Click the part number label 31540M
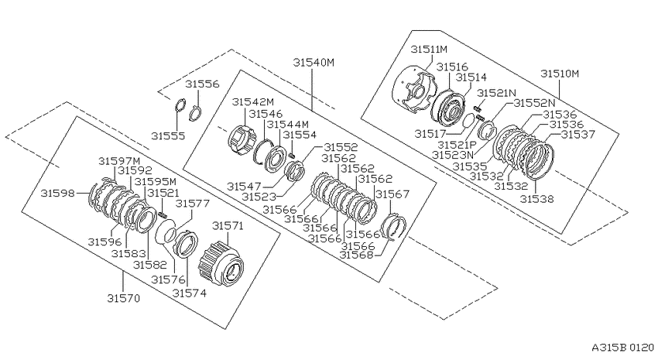pyautogui.click(x=314, y=63)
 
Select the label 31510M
pyautogui.click(x=560, y=74)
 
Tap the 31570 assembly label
pyautogui.click(x=123, y=298)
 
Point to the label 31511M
pyautogui.click(x=429, y=49)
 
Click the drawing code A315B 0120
pyautogui.click(x=622, y=348)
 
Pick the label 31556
pyautogui.click(x=202, y=84)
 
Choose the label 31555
pyautogui.click(x=168, y=136)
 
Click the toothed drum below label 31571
pyautogui.click(x=221, y=263)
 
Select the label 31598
pyautogui.click(x=57, y=193)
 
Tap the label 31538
pyautogui.click(x=536, y=198)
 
